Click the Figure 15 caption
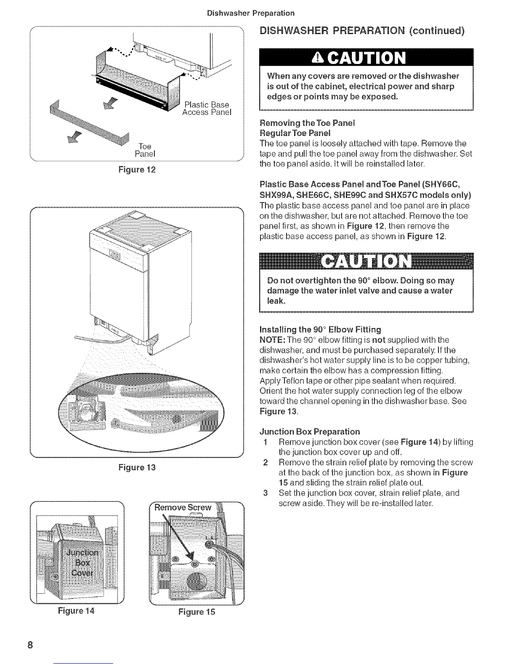pos(196,611)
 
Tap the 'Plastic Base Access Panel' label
pos(206,108)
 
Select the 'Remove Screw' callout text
pos(183,507)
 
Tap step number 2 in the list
pos(265,462)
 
